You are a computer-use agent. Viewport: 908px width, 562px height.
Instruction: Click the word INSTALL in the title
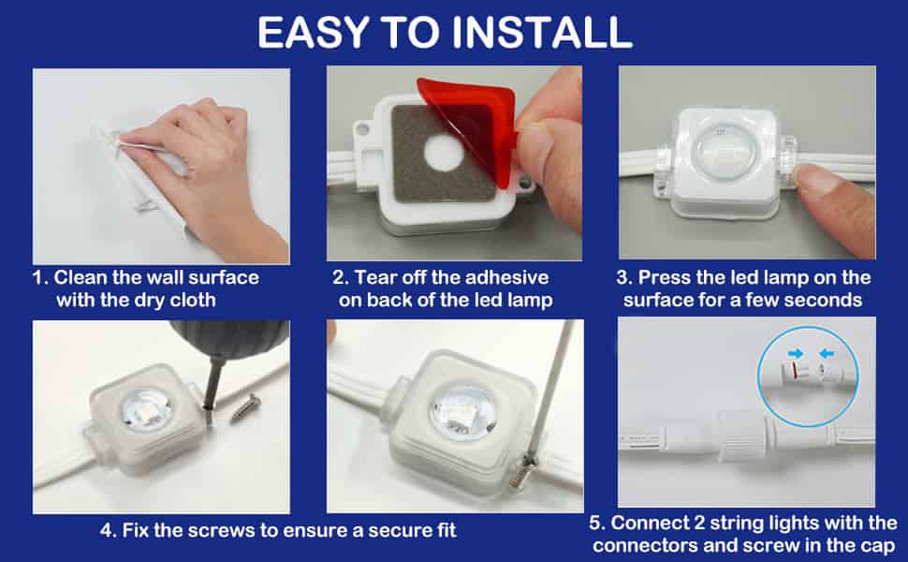coord(542,33)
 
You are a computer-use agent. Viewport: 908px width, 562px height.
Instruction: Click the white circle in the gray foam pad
coord(444,154)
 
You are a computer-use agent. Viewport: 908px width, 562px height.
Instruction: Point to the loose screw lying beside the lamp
coord(245,407)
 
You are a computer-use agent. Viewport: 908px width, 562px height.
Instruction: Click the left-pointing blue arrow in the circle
coord(827,353)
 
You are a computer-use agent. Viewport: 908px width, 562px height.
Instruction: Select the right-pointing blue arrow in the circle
coord(796,353)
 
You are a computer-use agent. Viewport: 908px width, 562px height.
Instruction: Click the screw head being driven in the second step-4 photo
coord(528,462)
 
